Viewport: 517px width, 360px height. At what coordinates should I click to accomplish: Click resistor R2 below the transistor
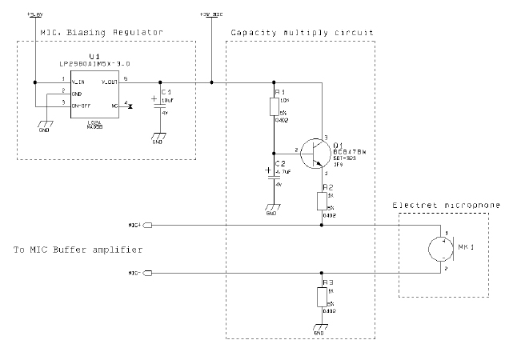322,201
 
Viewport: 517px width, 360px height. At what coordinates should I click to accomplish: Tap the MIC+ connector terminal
148,225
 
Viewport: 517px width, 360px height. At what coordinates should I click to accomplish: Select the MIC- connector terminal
148,273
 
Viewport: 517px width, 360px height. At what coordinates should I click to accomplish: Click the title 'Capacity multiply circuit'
302,32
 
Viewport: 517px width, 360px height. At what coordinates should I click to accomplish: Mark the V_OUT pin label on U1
109,82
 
